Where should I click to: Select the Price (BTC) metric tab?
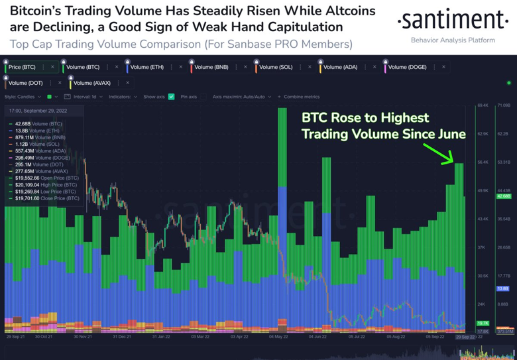(22, 67)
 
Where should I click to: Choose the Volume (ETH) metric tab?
(146, 67)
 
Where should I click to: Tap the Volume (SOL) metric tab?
(275, 67)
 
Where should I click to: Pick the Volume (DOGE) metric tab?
(407, 67)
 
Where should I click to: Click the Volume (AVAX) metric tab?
(92, 83)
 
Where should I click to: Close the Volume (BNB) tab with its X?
(245, 67)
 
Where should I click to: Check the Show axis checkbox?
(171, 97)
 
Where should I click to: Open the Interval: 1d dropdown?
(86, 97)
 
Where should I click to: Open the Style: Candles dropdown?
(23, 97)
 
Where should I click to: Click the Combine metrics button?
(302, 97)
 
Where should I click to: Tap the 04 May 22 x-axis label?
(277, 337)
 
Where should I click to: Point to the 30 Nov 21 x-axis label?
(82, 337)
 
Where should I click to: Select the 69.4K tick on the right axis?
(483, 105)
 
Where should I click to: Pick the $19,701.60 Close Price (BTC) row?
(46, 198)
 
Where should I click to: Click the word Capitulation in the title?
(302, 27)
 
